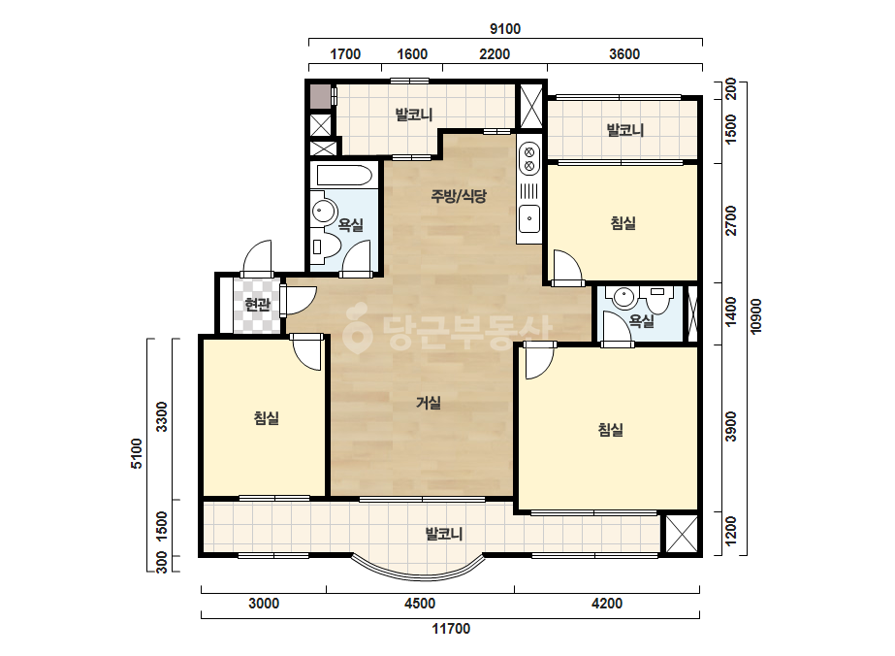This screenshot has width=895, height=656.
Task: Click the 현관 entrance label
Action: point(257,305)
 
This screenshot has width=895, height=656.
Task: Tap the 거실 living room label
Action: point(428,403)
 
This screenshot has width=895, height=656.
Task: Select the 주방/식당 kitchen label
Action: point(459,197)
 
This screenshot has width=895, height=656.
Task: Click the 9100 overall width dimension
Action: point(505,28)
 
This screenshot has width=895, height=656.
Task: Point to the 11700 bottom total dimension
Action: point(451,629)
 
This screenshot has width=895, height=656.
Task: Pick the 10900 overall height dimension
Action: point(756,316)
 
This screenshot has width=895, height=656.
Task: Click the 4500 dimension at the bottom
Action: point(420,604)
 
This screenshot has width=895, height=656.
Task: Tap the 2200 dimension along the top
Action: point(495,54)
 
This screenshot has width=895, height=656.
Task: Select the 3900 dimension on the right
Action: point(730,426)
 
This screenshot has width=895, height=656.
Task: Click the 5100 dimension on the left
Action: point(137,453)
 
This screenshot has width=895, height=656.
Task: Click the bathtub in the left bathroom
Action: point(343,176)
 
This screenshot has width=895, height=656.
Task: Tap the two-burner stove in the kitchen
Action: point(529,158)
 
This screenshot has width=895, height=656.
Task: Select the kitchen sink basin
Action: point(529,218)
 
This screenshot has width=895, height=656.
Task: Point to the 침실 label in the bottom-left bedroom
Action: point(267,418)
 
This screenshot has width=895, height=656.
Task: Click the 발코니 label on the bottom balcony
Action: point(443,535)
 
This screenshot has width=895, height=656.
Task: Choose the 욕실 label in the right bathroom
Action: point(641,321)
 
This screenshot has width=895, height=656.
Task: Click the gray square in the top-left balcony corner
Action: point(320,97)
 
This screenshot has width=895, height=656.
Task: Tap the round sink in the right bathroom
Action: point(623,297)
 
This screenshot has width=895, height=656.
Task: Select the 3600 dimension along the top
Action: point(624,54)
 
